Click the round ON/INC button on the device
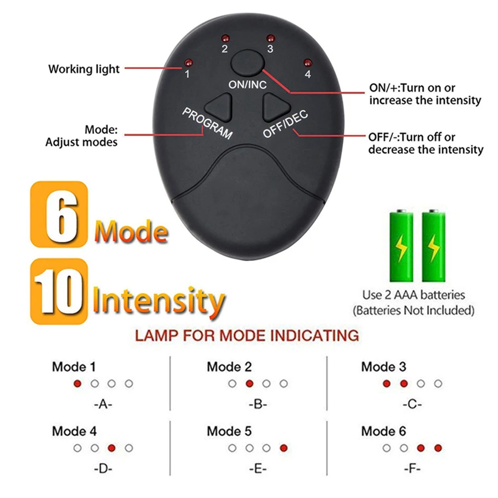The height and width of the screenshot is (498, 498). click(x=247, y=64)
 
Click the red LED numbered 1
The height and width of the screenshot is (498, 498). click(x=188, y=63)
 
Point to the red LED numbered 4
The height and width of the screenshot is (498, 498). click(x=307, y=63)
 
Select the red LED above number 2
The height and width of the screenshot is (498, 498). click(x=225, y=38)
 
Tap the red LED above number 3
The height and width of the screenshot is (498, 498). click(x=270, y=38)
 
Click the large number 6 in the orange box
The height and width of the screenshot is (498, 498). click(x=59, y=214)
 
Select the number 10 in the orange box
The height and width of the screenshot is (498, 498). click(x=59, y=291)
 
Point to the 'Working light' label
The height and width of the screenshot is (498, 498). click(x=84, y=69)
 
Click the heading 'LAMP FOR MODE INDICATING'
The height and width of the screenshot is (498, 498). click(x=247, y=335)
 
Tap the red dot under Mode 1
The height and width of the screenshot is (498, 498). click(x=77, y=383)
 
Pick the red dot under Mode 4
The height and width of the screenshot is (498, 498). click(x=112, y=448)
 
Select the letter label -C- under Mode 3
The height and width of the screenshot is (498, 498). click(x=411, y=404)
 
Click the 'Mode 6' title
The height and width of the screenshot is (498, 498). click(x=383, y=431)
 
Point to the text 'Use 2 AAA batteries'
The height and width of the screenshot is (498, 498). click(x=413, y=295)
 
